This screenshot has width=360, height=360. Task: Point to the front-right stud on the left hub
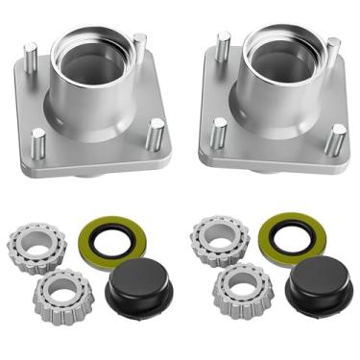tap(153, 132)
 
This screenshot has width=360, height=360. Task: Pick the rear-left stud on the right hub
tap(224, 46)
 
